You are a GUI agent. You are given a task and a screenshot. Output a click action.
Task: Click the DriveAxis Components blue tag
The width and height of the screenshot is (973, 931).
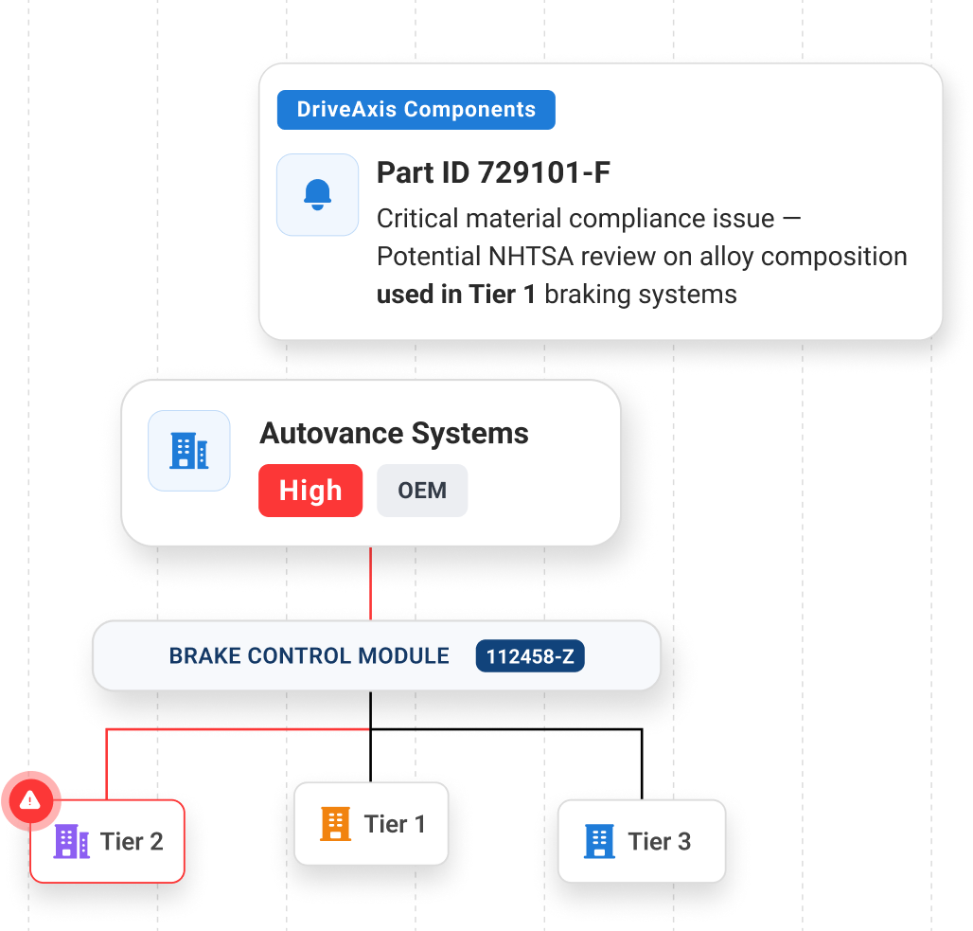(x=416, y=110)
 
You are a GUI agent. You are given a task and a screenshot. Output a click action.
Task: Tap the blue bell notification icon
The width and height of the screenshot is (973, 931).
(x=317, y=194)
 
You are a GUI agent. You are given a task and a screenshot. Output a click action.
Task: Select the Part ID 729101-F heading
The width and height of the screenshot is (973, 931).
(x=493, y=173)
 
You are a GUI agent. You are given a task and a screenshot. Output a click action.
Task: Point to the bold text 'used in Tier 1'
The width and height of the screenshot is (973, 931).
(x=456, y=295)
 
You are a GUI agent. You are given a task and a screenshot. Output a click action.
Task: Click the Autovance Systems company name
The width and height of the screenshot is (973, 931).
(x=394, y=434)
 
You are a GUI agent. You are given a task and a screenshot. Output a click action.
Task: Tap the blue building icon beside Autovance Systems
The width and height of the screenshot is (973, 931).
(x=189, y=451)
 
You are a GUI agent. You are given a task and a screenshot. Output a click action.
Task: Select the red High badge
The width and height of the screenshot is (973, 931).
(x=310, y=491)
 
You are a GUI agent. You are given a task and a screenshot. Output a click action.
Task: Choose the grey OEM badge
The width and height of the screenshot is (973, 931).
(x=422, y=491)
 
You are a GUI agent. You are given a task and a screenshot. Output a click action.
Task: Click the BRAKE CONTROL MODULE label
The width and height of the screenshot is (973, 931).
(x=310, y=656)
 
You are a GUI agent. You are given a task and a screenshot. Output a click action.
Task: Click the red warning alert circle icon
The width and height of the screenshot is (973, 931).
(x=30, y=801)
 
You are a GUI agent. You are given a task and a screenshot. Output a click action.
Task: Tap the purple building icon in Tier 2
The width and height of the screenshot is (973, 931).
(x=72, y=841)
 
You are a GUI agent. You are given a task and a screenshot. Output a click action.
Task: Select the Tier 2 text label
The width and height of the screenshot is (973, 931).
(x=132, y=841)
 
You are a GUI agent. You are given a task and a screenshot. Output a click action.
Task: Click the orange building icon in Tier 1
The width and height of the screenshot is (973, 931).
(x=336, y=824)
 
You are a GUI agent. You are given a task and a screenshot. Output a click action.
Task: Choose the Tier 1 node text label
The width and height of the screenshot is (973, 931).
(x=395, y=824)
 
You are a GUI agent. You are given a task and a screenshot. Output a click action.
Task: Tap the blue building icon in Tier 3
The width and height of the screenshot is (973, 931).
(x=599, y=841)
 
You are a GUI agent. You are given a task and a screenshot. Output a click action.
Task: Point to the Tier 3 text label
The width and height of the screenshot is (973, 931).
(x=659, y=841)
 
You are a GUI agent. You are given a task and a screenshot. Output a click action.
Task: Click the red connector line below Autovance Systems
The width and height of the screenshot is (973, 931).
(x=370, y=582)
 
